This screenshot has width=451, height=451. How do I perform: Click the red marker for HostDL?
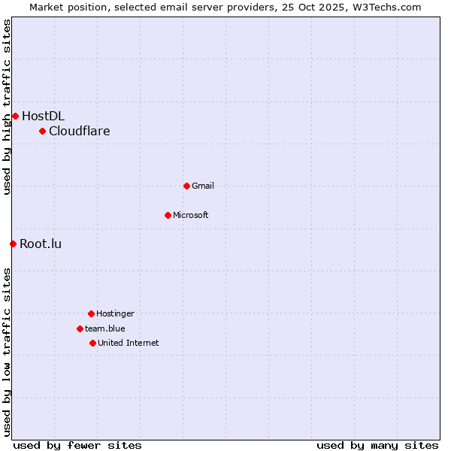[15, 116]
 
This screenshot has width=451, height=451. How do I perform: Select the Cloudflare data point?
[43, 132]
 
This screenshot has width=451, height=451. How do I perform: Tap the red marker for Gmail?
[186, 186]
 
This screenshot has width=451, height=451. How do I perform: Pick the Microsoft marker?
[168, 215]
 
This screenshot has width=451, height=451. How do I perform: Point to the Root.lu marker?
[13, 244]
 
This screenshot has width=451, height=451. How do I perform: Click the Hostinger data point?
[91, 313]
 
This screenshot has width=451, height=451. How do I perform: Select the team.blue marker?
[80, 328]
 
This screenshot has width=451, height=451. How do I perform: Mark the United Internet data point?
[92, 343]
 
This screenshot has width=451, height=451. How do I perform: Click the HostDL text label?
[43, 116]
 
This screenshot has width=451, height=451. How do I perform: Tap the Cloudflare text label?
[79, 132]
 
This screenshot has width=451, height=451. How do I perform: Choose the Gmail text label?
[203, 186]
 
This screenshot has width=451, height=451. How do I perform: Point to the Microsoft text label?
[191, 215]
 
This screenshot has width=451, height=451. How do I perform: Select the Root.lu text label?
[41, 244]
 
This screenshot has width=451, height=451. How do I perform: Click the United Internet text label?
[128, 343]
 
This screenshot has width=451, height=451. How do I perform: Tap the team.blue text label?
[105, 328]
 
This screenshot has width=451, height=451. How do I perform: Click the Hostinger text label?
[115, 313]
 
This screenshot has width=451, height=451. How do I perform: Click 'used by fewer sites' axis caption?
[77, 445]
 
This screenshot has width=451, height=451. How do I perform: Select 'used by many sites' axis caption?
[377, 445]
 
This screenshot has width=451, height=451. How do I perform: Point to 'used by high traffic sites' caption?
[7, 107]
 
